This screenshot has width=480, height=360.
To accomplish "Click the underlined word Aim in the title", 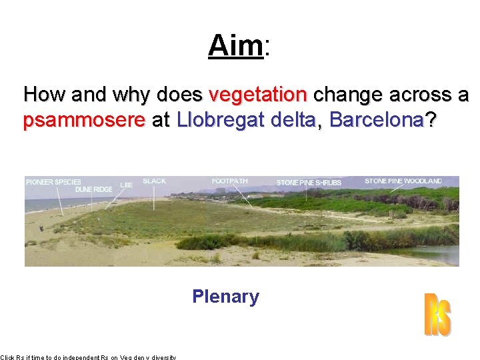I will [x=236, y=46].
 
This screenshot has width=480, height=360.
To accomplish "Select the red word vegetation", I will [x=258, y=95].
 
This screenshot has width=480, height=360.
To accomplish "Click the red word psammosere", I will [x=84, y=121].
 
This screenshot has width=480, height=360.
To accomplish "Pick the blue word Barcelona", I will [x=377, y=120].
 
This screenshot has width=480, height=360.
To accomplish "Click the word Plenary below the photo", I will [x=225, y=297].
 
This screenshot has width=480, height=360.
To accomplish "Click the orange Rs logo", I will [x=437, y=315].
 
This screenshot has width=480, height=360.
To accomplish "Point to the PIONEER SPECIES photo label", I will [x=53, y=182].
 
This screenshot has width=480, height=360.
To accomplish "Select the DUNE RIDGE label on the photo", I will [x=93, y=190].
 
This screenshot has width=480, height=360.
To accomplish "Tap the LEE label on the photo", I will [x=126, y=185].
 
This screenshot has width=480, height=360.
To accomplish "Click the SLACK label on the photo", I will [x=155, y=181].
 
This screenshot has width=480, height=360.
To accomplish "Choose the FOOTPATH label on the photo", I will [x=229, y=181].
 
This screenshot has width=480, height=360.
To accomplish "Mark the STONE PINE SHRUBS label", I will [x=309, y=183].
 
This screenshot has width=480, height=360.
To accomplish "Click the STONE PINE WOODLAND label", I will [x=403, y=181].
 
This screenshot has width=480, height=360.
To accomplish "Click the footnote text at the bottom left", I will [x=88, y=357].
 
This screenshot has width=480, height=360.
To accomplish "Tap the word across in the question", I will [x=412, y=95].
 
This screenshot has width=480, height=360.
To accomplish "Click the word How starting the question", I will [x=44, y=95].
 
